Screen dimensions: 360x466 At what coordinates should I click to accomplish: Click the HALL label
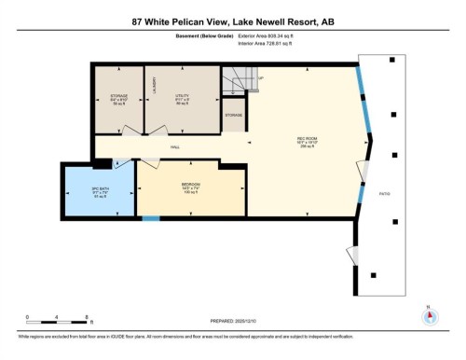point(174,147)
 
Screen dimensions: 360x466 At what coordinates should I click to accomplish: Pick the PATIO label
point(384,194)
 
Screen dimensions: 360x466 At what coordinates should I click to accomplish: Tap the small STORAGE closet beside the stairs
point(233,115)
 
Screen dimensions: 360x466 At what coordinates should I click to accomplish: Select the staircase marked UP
point(237,82)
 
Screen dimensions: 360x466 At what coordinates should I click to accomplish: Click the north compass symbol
point(429,315)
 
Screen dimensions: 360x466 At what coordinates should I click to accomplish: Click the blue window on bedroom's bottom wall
point(150,218)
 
